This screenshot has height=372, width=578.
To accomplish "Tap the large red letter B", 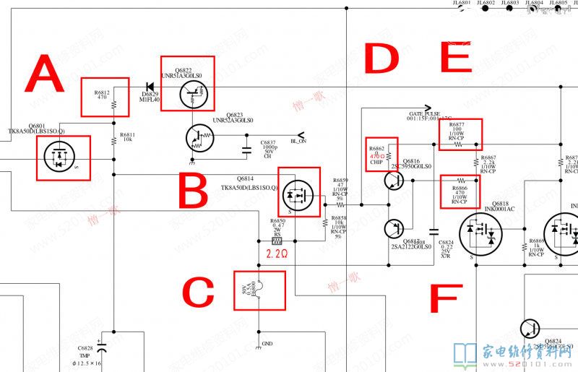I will pyautogui.click(x=193, y=193).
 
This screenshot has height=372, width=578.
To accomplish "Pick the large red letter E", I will pyautogui.click(x=455, y=58).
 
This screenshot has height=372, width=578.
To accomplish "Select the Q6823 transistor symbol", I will pyautogui.click(x=198, y=137).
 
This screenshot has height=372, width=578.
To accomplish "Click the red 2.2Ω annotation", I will pyautogui.click(x=278, y=254).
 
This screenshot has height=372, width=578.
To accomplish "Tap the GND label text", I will pyautogui.click(x=267, y=344).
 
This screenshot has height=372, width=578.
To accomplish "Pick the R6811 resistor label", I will pyautogui.click(x=127, y=135).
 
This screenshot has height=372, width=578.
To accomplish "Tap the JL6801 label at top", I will pyautogui.click(x=462, y=3).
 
